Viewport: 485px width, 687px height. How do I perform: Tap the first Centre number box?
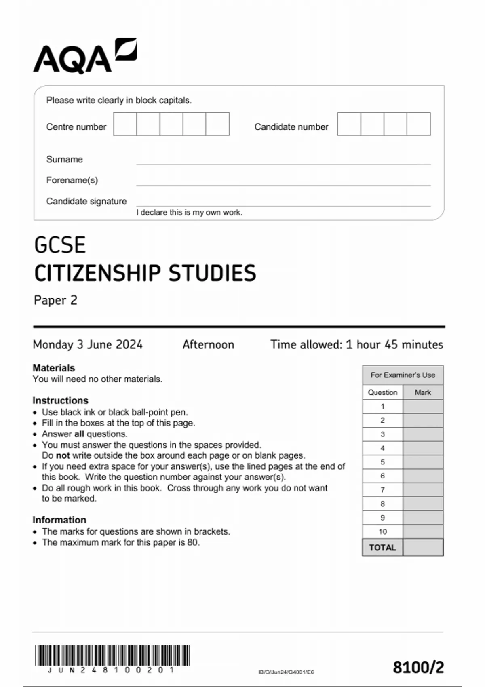click(x=125, y=124)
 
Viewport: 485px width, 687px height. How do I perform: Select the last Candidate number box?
click(x=419, y=124)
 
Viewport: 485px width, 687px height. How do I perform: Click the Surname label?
click(x=64, y=159)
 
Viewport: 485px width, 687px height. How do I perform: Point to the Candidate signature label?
click(x=86, y=201)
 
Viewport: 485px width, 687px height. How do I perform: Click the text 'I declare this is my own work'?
click(x=189, y=212)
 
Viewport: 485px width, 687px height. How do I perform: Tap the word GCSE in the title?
click(x=60, y=245)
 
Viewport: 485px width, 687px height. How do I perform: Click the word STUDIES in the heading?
click(x=212, y=273)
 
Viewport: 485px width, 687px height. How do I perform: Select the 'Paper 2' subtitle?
click(x=55, y=300)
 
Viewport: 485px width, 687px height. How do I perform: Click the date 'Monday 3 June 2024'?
click(x=88, y=344)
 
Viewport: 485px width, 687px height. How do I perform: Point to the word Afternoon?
click(x=208, y=344)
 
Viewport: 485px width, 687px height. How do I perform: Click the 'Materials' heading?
click(x=54, y=368)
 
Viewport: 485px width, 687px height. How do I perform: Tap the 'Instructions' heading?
click(x=60, y=400)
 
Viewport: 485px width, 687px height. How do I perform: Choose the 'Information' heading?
click(x=59, y=520)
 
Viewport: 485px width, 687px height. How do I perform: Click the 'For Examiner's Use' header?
click(x=403, y=375)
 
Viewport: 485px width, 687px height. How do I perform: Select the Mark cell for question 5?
click(x=423, y=462)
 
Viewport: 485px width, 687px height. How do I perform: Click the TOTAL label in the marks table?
click(x=382, y=548)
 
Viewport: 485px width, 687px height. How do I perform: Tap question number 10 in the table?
click(x=382, y=531)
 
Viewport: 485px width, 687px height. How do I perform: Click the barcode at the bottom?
click(x=112, y=655)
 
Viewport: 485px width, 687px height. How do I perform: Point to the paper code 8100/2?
click(x=418, y=667)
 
